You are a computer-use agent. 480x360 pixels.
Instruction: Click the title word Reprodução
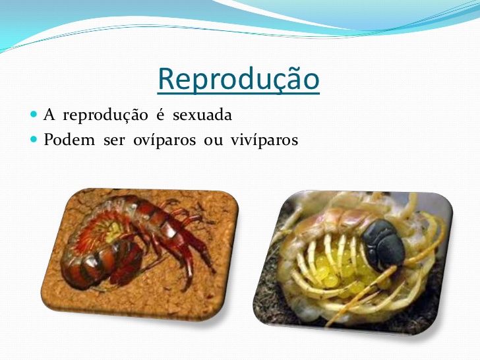(x=239, y=79)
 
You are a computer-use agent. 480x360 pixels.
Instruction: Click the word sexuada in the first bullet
(x=202, y=115)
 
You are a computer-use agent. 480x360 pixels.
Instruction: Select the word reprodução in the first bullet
(x=105, y=116)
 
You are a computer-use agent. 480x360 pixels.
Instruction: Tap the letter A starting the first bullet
(x=49, y=115)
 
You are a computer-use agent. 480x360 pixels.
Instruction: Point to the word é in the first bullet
(x=160, y=115)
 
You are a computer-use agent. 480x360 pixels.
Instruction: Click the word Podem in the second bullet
(x=69, y=140)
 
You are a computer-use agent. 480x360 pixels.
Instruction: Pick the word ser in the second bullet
(x=114, y=141)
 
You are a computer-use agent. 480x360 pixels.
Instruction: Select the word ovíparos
(x=164, y=140)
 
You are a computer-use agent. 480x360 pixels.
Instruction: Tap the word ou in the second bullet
(x=214, y=141)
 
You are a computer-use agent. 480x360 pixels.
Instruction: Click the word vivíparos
(x=264, y=140)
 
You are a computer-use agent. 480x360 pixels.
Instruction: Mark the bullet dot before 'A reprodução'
(x=34, y=115)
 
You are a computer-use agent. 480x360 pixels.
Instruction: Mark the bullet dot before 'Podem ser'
(x=34, y=140)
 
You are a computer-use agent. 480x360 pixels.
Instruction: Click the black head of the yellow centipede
(x=383, y=245)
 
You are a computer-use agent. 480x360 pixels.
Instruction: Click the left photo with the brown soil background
(x=140, y=254)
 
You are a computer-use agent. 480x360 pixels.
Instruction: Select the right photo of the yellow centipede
(x=353, y=262)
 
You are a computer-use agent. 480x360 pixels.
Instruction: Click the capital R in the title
(x=166, y=78)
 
